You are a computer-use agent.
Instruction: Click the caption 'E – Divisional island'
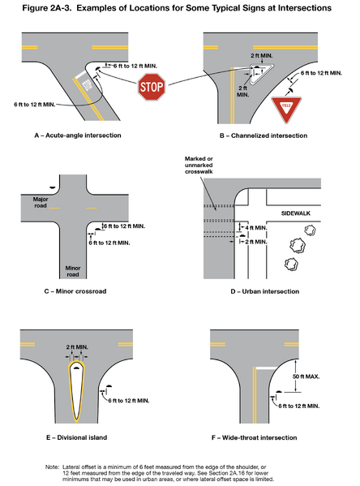tap(82, 437)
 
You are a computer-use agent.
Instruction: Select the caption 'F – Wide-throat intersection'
tap(263, 437)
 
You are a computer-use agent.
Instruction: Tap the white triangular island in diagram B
tap(251, 78)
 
